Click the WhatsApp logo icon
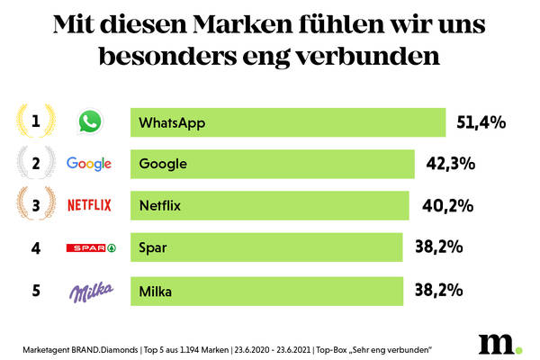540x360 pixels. coord(89,122)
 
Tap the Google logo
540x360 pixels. coord(89,164)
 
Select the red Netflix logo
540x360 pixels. coord(89,205)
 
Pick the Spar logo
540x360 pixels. coord(92,247)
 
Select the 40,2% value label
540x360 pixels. coord(448,205)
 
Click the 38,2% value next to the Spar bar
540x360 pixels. coord(437,247)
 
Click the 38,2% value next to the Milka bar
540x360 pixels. coord(437,290)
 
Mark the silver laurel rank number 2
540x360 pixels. coord(35,164)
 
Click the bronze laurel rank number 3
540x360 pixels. coord(35,205)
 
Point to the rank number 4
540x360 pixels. coord(36,247)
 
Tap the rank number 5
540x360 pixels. coord(36,290)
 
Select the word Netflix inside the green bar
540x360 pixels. coord(160,205)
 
